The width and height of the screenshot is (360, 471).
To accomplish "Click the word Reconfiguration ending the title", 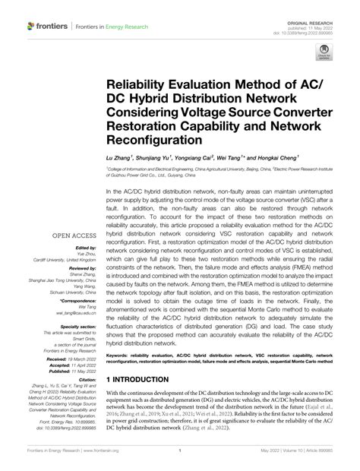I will coord(157,141).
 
